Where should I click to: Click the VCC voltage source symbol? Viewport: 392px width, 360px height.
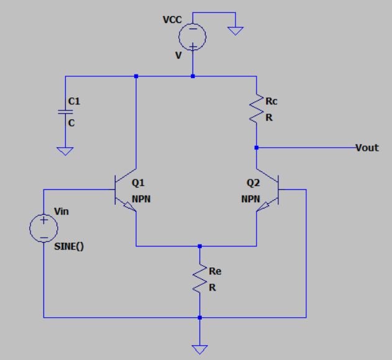193,37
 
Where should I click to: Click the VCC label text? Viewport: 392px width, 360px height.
171,20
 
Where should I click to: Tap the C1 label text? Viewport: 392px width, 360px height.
73,101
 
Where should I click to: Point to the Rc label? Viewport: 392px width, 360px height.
271,101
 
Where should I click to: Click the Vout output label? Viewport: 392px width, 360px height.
367,148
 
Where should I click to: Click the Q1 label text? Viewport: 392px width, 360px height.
139,184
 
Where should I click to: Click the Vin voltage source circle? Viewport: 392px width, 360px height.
43,228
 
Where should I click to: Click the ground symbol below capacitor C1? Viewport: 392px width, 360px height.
64,150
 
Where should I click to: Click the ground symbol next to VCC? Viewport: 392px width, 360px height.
235,30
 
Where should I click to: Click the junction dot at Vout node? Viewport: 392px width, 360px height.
256,148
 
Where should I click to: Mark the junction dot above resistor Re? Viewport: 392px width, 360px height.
199,246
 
